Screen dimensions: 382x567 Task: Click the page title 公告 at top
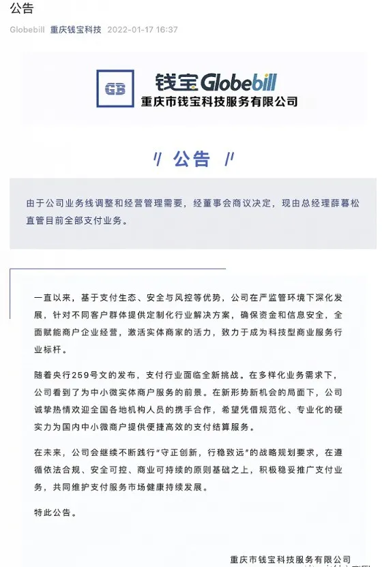[x=22, y=9]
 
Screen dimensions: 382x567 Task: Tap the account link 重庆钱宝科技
[x=76, y=30]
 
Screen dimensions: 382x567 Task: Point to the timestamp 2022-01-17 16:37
[x=143, y=30]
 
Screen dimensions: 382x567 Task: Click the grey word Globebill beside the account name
[x=27, y=30]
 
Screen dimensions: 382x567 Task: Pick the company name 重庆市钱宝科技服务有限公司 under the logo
[x=219, y=102]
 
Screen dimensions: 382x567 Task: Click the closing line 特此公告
[x=55, y=510]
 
